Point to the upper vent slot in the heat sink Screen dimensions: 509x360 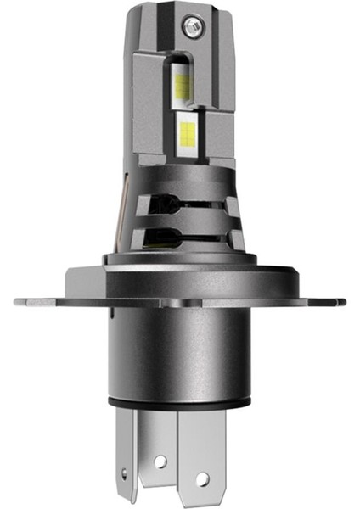(x=182, y=203)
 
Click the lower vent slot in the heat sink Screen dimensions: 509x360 (x=182, y=238)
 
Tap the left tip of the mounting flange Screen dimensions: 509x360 (x=19, y=300)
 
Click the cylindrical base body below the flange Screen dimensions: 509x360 (x=180, y=356)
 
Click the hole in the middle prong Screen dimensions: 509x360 (x=158, y=462)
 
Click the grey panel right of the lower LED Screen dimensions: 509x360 (x=219, y=136)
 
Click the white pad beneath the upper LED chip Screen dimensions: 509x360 (x=182, y=101)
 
